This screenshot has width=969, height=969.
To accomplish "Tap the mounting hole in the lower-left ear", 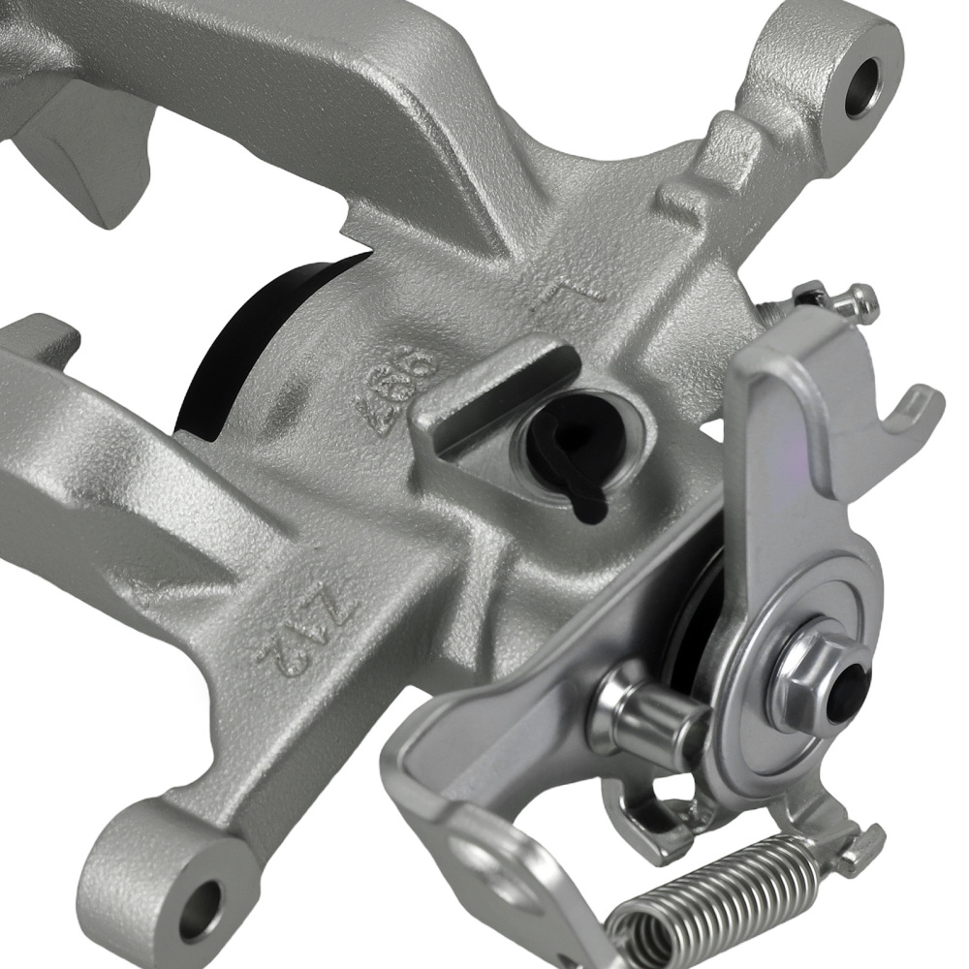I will click(200, 907).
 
